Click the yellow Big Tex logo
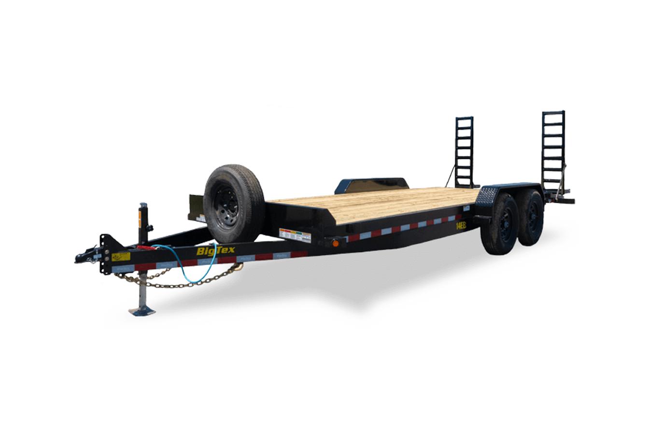(x=215, y=251)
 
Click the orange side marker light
(x=335, y=243)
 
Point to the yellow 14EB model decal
(x=461, y=225)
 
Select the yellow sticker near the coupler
(x=121, y=257)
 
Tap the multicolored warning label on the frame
(x=295, y=235)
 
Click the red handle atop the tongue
(x=145, y=247)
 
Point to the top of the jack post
(x=143, y=206)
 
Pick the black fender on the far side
(x=372, y=184)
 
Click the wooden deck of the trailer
(x=372, y=203)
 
